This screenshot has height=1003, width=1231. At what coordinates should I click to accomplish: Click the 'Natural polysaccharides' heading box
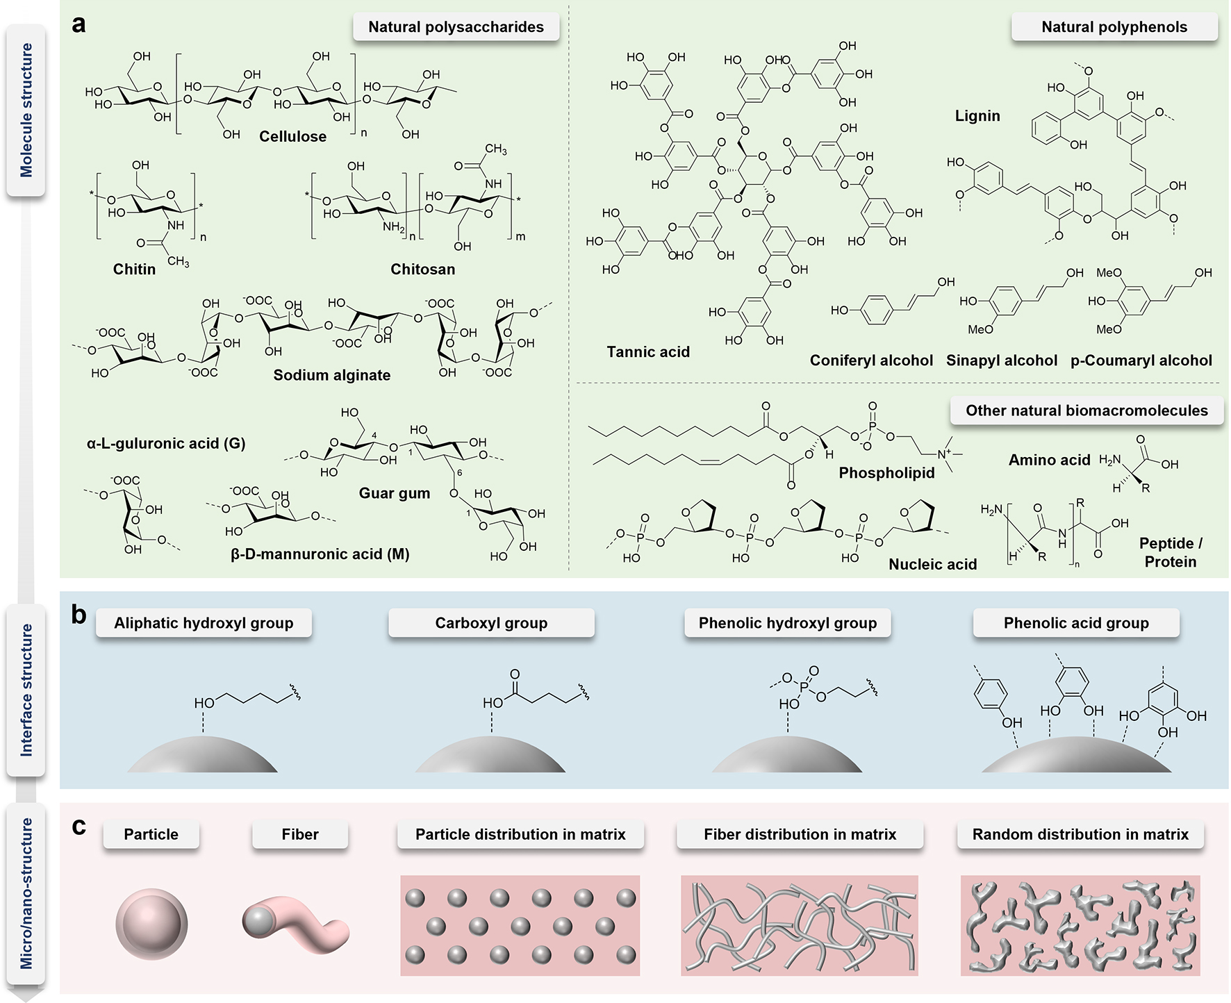point(456,27)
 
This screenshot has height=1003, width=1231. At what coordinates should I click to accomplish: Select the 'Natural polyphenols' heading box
point(1114,27)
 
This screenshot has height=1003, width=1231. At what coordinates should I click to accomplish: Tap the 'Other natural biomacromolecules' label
point(1087,411)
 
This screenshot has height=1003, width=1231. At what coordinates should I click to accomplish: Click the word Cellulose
point(292,136)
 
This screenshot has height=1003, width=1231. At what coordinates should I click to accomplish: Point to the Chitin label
point(134,269)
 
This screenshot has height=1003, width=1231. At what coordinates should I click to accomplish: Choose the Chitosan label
point(422,269)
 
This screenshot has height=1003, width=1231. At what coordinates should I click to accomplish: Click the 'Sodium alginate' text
point(331,375)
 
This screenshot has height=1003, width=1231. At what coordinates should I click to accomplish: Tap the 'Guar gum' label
point(394,493)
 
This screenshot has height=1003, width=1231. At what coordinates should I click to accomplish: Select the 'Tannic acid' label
point(648,352)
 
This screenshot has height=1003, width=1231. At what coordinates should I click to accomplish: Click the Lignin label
point(977,116)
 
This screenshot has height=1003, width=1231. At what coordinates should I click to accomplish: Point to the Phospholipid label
point(886,473)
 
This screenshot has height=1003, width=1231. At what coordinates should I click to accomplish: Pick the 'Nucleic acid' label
point(932,565)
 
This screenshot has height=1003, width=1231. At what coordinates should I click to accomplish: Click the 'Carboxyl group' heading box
point(491,623)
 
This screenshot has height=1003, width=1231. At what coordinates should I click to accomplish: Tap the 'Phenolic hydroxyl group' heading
point(787,623)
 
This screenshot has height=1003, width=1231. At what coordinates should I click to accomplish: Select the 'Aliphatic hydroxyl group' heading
point(204,623)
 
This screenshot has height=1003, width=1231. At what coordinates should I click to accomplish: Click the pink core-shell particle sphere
point(151,925)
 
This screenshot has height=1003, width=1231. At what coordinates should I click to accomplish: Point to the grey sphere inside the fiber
point(258,921)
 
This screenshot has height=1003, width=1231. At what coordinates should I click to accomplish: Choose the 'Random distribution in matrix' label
point(1080,834)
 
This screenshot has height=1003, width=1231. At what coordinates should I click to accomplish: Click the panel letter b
point(79,615)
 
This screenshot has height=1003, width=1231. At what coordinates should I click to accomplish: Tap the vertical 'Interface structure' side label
point(26,690)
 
